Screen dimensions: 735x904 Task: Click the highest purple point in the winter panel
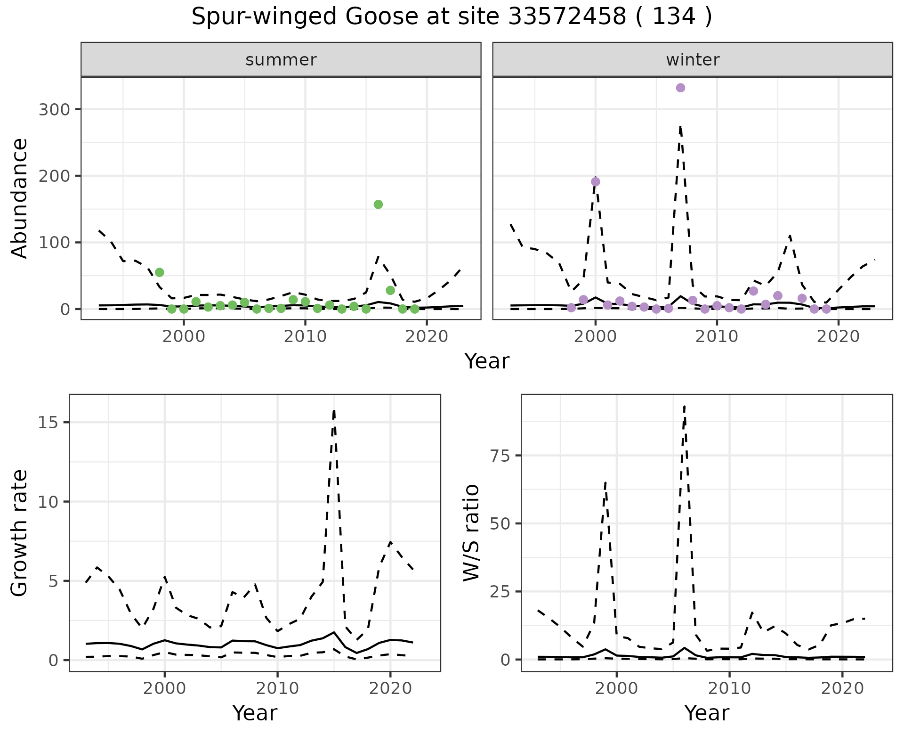pyautogui.click(x=680, y=88)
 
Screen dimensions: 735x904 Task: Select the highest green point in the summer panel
pyautogui.click(x=378, y=204)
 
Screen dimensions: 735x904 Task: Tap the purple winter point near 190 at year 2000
pyautogui.click(x=596, y=182)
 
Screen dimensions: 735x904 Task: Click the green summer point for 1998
pyautogui.click(x=160, y=272)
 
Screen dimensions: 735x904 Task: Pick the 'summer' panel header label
pyautogui.click(x=281, y=60)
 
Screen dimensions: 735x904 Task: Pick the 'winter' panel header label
pyautogui.click(x=693, y=60)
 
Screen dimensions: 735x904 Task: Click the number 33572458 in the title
pyautogui.click(x=567, y=17)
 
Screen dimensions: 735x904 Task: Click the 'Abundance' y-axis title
pyautogui.click(x=20, y=198)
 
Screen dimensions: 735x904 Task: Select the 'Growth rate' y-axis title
pyautogui.click(x=20, y=533)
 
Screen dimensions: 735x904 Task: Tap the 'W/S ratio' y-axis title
pyautogui.click(x=471, y=533)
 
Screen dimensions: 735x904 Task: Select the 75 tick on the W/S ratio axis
pyautogui.click(x=501, y=456)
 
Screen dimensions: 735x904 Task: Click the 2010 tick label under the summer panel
pyautogui.click(x=305, y=337)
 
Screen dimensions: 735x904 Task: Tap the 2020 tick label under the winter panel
pyautogui.click(x=838, y=337)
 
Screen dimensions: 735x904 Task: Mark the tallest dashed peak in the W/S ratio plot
pyautogui.click(x=684, y=406)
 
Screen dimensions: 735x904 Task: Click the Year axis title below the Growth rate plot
pyautogui.click(x=255, y=713)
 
